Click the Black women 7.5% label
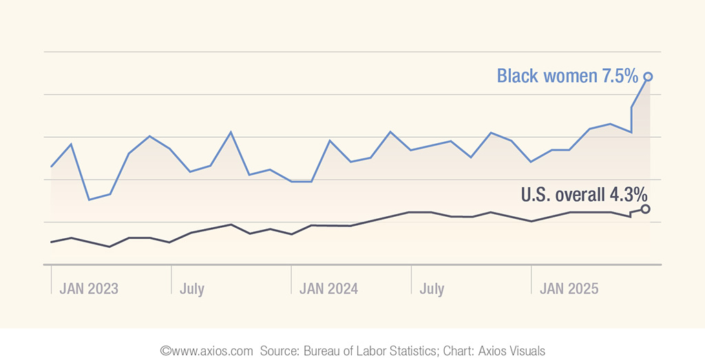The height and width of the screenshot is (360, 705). (x=567, y=76)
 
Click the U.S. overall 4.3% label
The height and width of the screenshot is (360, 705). (x=584, y=195)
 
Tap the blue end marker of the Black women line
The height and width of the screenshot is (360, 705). (x=648, y=76)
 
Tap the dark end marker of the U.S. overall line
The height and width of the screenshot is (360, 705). (x=645, y=209)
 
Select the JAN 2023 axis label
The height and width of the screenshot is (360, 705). (x=89, y=288)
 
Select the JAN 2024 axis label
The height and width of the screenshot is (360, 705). (x=328, y=288)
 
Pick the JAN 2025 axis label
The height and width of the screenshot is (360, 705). (x=569, y=288)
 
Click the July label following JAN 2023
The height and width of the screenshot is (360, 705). (x=192, y=288)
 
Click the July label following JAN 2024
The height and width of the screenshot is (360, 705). (x=432, y=288)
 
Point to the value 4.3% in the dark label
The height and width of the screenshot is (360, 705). (x=628, y=195)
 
